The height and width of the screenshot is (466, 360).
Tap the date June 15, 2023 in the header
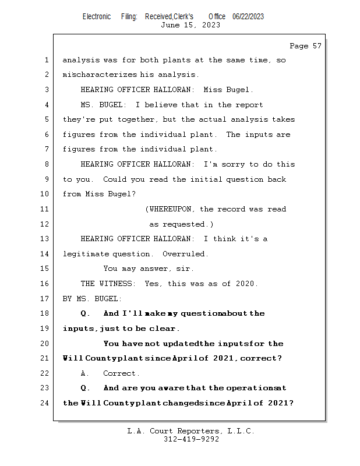190,25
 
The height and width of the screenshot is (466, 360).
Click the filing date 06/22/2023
248,16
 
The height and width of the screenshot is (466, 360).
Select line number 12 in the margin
47,224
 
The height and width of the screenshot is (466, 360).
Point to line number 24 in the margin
47,403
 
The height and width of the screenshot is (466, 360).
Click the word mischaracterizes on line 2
100,75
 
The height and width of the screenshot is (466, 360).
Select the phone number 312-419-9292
190,439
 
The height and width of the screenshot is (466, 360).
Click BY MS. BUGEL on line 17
92,299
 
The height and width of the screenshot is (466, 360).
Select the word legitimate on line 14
86,254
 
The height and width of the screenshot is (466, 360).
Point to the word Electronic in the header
97,16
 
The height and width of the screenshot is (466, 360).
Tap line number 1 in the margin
47,60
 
